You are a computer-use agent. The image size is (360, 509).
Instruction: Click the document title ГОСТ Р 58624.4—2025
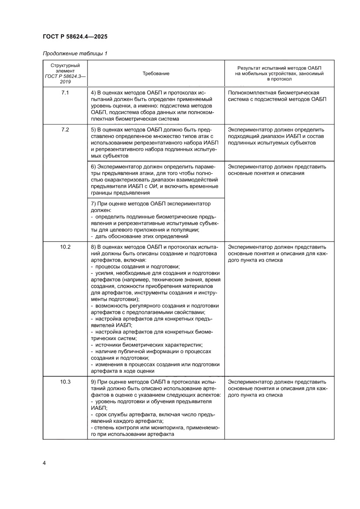[x=75, y=37]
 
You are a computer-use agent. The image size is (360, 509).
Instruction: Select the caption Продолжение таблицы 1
[x=75, y=54]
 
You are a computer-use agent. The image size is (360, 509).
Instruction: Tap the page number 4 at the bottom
[x=44, y=462]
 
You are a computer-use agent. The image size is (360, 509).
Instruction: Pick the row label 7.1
[x=65, y=93]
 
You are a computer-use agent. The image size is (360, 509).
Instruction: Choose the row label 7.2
[x=65, y=130]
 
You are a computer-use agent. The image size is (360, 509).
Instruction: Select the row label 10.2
[x=65, y=247]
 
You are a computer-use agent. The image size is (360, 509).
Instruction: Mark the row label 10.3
[x=65, y=382]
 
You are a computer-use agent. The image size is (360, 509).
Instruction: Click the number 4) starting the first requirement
[x=93, y=93]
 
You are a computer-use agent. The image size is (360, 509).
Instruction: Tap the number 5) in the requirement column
[x=93, y=130]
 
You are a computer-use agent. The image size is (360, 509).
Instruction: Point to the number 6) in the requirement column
[x=93, y=167]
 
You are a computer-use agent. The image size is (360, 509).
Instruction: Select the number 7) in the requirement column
[x=93, y=203]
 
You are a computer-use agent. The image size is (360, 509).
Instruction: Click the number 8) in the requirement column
[x=93, y=247]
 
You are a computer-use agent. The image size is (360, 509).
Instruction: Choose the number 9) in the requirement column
[x=93, y=382]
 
